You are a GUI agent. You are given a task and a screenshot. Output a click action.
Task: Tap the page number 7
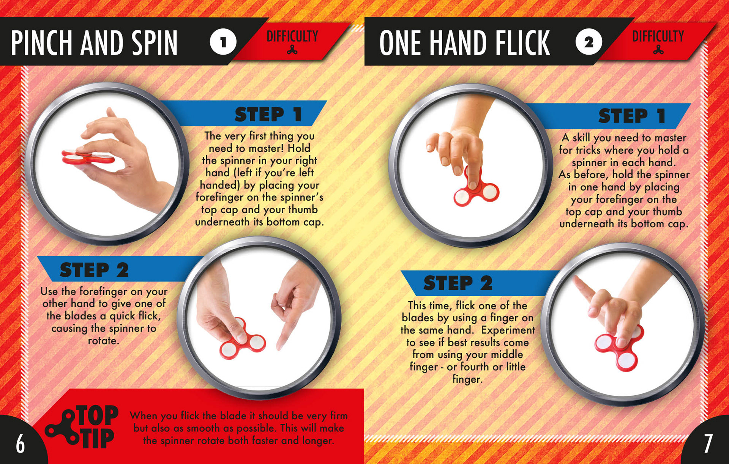click(x=708, y=443)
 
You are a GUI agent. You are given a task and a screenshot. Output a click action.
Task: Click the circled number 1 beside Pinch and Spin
click(x=223, y=42)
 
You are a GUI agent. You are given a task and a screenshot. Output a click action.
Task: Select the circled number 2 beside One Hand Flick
click(x=589, y=42)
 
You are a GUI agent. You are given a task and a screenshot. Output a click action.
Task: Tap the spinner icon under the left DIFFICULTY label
click(x=292, y=50)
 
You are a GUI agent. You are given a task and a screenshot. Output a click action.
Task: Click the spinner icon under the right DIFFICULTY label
click(x=658, y=50)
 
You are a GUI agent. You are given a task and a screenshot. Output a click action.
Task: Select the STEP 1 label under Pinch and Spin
click(x=268, y=114)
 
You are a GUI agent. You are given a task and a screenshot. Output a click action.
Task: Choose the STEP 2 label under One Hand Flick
click(x=458, y=283)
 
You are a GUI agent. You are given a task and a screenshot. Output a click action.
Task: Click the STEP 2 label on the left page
click(x=94, y=270)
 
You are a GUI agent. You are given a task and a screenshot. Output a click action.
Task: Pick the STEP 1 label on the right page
click(x=632, y=116)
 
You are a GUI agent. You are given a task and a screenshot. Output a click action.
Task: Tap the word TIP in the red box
click(x=98, y=439)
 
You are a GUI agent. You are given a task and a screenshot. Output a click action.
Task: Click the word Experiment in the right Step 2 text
click(x=508, y=330)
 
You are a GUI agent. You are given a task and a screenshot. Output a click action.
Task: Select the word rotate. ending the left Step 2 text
click(x=104, y=341)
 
